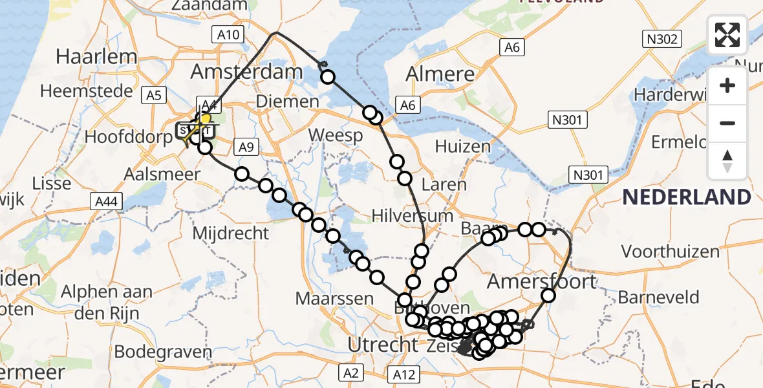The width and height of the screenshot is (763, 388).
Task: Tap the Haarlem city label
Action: (96, 56)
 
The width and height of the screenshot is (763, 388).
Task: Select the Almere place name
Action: (440, 74)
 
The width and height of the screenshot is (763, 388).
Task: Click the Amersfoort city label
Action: (542, 281)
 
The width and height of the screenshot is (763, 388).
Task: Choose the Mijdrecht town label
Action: (231, 233)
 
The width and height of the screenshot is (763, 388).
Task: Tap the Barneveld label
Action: (659, 297)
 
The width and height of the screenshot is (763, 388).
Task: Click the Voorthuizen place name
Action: (670, 251)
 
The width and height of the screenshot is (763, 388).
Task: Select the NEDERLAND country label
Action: (687, 197)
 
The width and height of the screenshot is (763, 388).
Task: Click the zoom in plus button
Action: (727, 85)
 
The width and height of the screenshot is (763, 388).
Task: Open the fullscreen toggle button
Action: (727, 35)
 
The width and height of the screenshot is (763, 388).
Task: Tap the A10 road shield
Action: (228, 36)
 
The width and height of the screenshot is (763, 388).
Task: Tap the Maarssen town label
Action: (334, 299)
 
